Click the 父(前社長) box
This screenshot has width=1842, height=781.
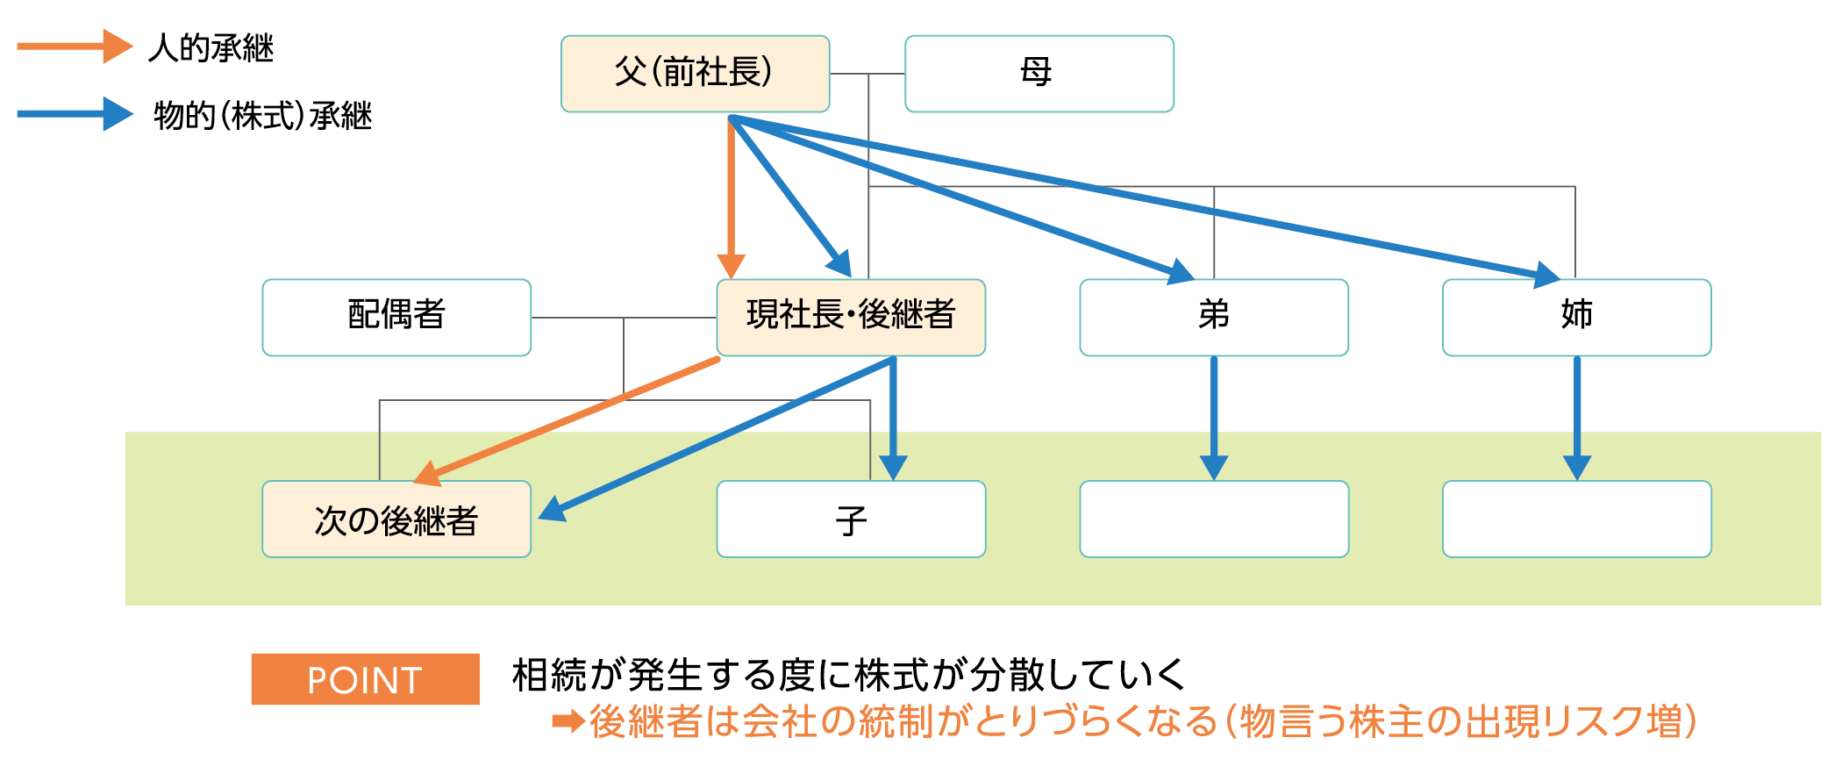pyautogui.click(x=696, y=74)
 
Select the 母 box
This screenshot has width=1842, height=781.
pyautogui.click(x=1039, y=74)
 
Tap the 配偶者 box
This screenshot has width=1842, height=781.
pyautogui.click(x=396, y=318)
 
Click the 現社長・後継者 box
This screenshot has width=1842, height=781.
pyautogui.click(x=851, y=318)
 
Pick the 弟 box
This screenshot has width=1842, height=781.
pyautogui.click(x=1214, y=318)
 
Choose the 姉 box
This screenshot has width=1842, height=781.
pyautogui.click(x=1577, y=318)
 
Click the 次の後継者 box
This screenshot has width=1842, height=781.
pyautogui.click(x=396, y=519)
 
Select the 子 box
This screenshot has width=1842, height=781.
pyautogui.click(x=851, y=519)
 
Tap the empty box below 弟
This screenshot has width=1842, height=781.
pyautogui.click(x=1214, y=519)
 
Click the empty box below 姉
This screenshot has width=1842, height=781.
pyautogui.click(x=1577, y=519)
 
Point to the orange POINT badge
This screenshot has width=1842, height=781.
pyautogui.click(x=366, y=679)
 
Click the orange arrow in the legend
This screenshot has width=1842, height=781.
pyautogui.click(x=75, y=47)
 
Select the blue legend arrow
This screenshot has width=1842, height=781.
pyautogui.click(x=75, y=114)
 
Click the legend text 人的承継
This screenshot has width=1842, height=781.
pyautogui.click(x=211, y=47)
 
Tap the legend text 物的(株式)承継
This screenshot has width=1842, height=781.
pyautogui.click(x=263, y=116)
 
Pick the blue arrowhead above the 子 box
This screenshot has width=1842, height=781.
pyautogui.click(x=893, y=468)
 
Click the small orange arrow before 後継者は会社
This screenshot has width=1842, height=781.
pyautogui.click(x=568, y=722)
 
